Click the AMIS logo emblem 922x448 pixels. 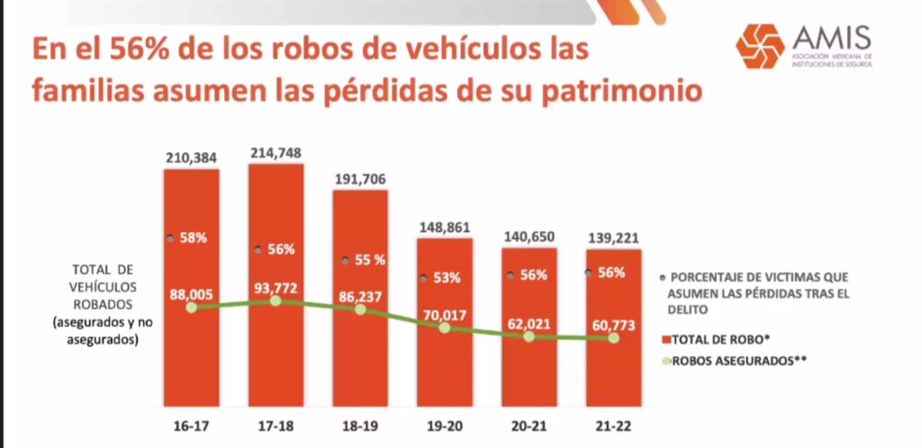tap(759, 46)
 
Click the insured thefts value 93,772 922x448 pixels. tap(276, 288)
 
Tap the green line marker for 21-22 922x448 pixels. tap(614, 338)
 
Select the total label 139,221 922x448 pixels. tap(614, 237)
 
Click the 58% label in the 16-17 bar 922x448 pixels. tap(193, 239)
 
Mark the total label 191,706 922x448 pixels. tap(360, 179)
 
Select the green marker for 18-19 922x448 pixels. tap(360, 309)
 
